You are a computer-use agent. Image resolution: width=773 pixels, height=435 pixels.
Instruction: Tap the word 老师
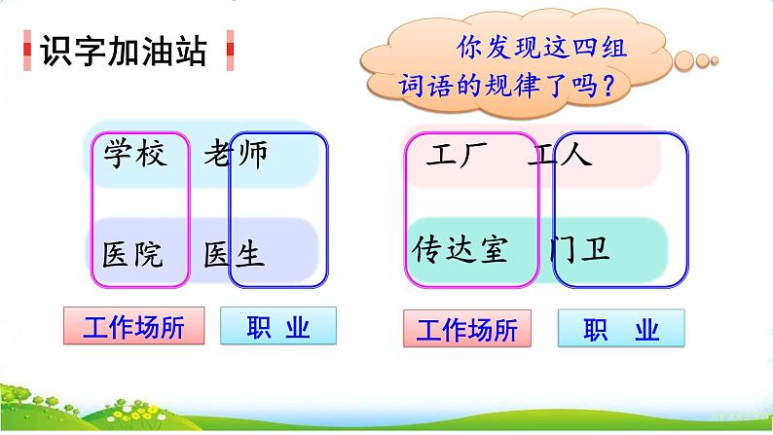(235, 154)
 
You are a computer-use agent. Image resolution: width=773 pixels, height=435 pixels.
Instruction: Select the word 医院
(133, 255)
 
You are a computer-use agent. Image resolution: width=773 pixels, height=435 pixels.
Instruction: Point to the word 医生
(235, 255)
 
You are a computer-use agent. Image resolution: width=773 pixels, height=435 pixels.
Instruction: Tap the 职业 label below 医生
(277, 326)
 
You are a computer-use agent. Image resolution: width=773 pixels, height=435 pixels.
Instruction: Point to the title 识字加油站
(124, 51)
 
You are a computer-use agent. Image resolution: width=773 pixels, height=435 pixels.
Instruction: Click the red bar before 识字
(27, 51)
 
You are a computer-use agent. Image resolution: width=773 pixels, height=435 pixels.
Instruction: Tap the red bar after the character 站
(230, 51)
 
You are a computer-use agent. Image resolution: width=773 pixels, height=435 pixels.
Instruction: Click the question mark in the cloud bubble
(608, 87)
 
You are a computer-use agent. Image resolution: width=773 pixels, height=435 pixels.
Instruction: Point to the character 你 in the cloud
(467, 47)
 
